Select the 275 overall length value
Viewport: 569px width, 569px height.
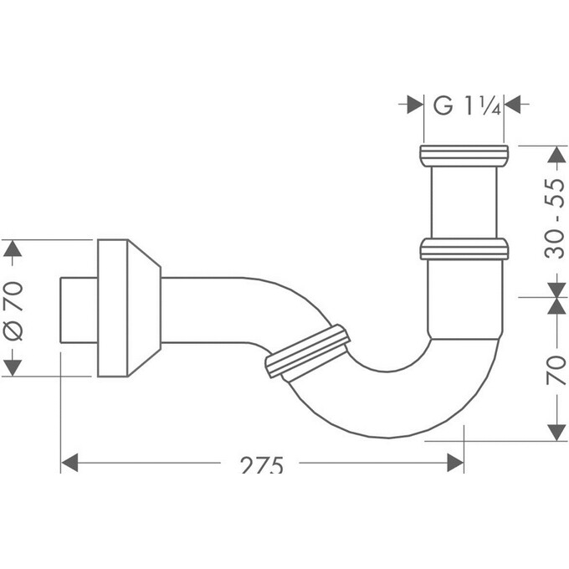point(260,465)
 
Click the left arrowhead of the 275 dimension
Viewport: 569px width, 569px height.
point(69,463)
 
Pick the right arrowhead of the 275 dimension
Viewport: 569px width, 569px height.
point(456,463)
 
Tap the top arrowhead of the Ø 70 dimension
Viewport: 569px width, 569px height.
point(12,250)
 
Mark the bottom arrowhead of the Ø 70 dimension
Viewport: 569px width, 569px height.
point(12,367)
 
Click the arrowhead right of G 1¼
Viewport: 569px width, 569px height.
point(514,105)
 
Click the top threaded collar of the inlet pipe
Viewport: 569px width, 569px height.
point(464,155)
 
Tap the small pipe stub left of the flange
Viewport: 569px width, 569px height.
point(79,308)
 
